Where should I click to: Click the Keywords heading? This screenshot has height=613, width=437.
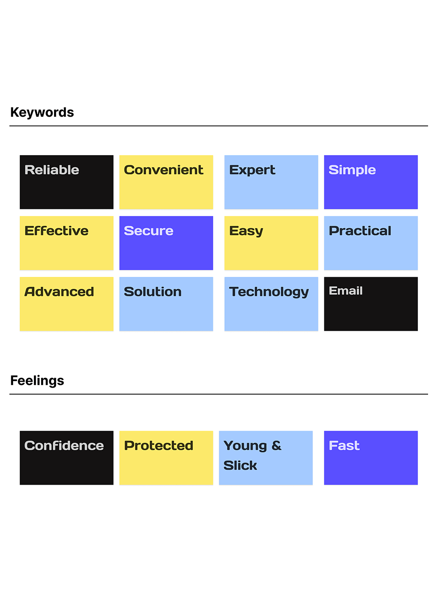tap(42, 113)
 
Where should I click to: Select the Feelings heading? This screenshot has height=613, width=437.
tap(37, 381)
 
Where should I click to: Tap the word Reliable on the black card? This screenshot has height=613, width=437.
tap(52, 170)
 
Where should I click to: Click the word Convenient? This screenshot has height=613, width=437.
tap(163, 170)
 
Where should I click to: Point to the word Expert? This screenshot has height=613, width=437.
tap(252, 170)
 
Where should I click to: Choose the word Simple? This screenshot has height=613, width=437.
tap(352, 170)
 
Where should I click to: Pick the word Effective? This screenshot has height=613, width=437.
tap(56, 231)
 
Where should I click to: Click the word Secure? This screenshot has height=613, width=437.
tap(148, 231)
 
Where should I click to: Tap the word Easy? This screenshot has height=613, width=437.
tap(246, 232)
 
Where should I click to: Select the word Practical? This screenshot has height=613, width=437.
tap(360, 231)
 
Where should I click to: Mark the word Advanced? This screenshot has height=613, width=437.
tap(59, 292)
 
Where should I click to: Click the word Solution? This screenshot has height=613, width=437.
tap(153, 292)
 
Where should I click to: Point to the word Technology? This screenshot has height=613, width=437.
tap(269, 292)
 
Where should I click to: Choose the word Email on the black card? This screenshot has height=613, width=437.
tap(346, 291)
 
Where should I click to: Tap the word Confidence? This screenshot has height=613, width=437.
tap(64, 446)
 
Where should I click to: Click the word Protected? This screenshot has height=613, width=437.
tap(158, 446)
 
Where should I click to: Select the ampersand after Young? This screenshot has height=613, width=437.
tap(276, 446)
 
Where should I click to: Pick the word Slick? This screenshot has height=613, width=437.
tap(240, 465)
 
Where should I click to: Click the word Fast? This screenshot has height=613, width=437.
tap(344, 446)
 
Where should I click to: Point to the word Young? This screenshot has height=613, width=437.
tap(245, 447)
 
